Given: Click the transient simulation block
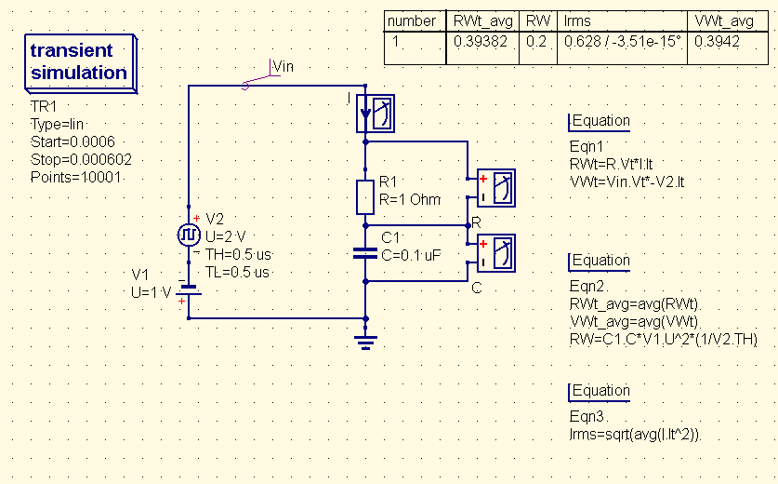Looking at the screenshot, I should coord(79,62).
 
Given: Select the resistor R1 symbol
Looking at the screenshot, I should coord(365,195).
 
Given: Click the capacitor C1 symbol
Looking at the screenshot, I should coord(365,252).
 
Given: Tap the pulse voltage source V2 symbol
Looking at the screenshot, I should coord(190,234).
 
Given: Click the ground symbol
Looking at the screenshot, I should coord(365,341).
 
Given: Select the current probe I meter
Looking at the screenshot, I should coord(377,114).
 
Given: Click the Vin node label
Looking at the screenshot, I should coord(282,66).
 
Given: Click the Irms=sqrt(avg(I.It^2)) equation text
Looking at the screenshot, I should coord(635,435).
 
